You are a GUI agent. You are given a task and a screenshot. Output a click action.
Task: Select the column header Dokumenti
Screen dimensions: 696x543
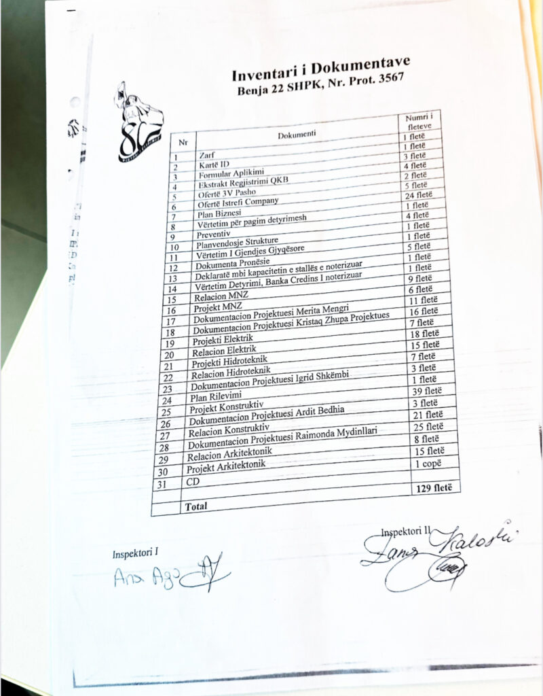pyautogui.click(x=296, y=135)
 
